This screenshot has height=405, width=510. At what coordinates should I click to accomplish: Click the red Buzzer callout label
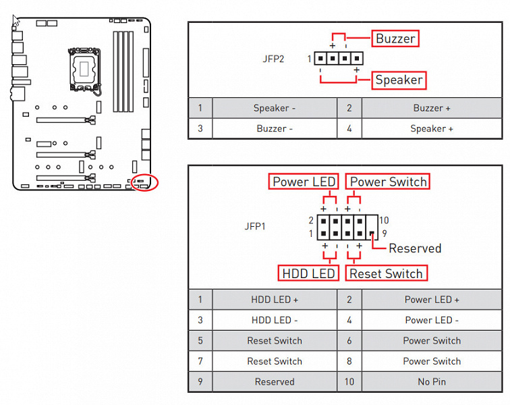tap(395, 38)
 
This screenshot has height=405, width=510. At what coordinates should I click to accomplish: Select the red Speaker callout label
tap(399, 80)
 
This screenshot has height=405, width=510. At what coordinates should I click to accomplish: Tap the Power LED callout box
tap(304, 182)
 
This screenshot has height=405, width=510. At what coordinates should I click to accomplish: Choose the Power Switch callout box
tap(388, 182)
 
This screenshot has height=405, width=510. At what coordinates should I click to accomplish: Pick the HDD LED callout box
tap(308, 273)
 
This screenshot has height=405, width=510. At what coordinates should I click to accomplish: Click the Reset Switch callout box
tap(386, 273)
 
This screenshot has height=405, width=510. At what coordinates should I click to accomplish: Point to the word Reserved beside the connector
tap(415, 248)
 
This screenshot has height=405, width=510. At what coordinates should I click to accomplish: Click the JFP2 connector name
tap(273, 59)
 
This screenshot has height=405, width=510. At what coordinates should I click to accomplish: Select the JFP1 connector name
tap(255, 227)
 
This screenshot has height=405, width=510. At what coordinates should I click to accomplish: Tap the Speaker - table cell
tap(274, 108)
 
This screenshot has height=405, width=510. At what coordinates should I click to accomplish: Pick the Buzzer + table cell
tap(432, 108)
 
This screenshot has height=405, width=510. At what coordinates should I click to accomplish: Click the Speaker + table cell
tap(432, 128)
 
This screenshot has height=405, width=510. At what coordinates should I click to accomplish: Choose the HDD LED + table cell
tap(275, 300)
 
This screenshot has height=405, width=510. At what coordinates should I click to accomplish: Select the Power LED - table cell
tap(432, 320)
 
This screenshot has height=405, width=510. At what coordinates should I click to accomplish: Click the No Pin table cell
tap(432, 381)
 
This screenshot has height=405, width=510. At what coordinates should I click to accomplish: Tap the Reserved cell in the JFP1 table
tap(275, 381)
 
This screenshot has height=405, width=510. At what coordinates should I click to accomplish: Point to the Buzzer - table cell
tap(274, 128)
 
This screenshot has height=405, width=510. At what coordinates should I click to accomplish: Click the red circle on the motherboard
tap(145, 182)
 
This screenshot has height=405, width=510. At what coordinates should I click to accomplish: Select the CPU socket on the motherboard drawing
tap(83, 68)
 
